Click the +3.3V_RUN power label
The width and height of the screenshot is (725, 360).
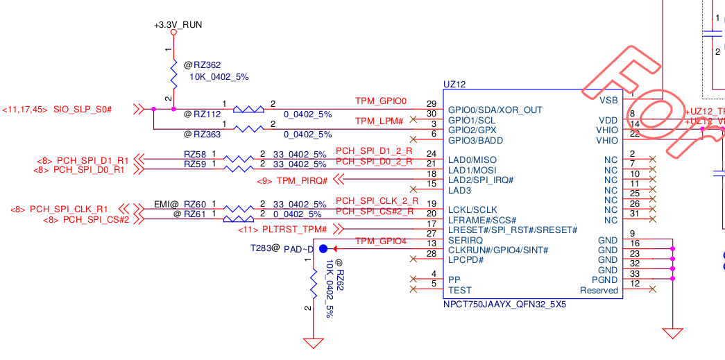point(178,25)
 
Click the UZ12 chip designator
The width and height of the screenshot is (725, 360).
point(454,84)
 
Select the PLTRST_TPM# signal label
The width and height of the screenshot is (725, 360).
point(294,230)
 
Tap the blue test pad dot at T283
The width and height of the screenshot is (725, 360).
point(323,248)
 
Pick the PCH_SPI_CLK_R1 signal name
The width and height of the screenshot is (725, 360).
point(69,209)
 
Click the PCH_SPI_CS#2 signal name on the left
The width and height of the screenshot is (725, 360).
point(96,219)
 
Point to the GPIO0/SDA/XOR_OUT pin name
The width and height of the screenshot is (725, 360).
point(495,110)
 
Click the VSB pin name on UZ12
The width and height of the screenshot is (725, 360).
point(608,99)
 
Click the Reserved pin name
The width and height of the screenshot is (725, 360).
point(599,290)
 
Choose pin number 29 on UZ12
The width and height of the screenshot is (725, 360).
point(432,103)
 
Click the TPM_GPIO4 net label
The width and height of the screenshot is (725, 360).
point(381,241)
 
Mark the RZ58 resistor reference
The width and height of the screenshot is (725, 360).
point(195,154)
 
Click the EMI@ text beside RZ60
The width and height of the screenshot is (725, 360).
point(167,204)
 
